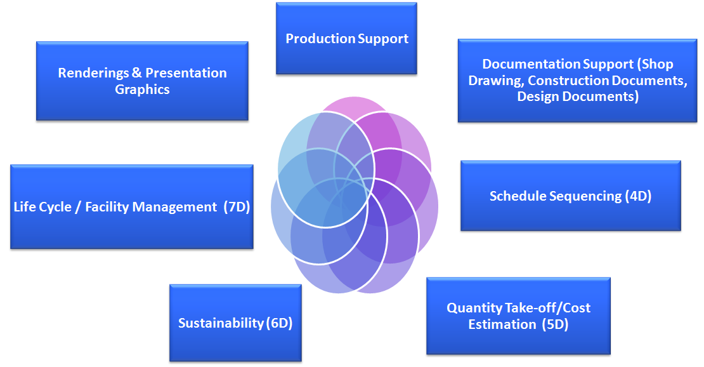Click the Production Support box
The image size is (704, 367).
pyautogui.click(x=346, y=39)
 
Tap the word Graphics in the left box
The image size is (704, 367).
pyautogui.click(x=142, y=90)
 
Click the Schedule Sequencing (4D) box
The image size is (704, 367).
pyautogui.click(x=570, y=196)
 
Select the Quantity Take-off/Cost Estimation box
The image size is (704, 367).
pyautogui.click(x=518, y=316)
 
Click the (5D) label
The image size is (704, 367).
pyautogui.click(x=555, y=324)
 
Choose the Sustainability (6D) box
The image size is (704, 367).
pyautogui.click(x=235, y=323)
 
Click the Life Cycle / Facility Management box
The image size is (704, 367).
pyautogui.click(x=132, y=207)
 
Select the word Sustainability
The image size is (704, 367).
pyautogui.click(x=221, y=323)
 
